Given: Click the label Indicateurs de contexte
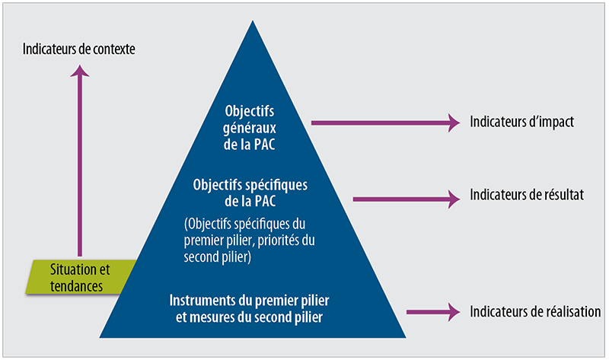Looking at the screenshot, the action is coord(79,49).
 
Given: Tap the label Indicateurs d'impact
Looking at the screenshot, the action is coord(521,122).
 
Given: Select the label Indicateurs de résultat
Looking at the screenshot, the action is coord(527,195).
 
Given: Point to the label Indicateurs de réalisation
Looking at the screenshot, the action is coord(535,311).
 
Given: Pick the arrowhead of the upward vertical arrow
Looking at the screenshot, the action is coord(80,71).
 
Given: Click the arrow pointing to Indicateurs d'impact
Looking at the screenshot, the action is coord(386,123).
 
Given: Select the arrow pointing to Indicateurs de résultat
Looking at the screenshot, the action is coord(407,199).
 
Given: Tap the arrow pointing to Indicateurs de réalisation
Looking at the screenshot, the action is coord(433,312).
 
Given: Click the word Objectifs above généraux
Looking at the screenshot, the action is coord(250,111).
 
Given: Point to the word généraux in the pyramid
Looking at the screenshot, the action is coord(250,128).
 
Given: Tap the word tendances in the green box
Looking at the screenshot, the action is coord(76,286).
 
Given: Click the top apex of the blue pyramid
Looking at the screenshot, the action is coord(253,21).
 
